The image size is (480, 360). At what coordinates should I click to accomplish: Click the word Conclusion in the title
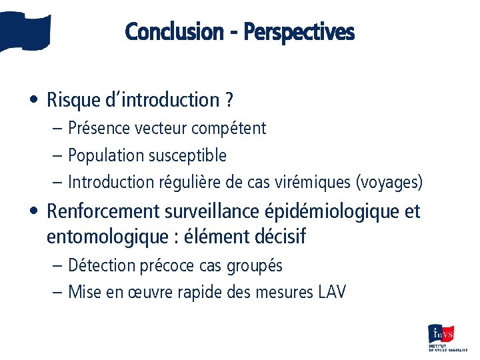[174, 31]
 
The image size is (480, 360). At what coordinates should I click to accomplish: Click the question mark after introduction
[229, 100]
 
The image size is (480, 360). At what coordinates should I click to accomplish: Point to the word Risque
[73, 100]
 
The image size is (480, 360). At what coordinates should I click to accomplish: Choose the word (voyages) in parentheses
[389, 182]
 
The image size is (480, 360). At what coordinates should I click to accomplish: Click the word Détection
[101, 265]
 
